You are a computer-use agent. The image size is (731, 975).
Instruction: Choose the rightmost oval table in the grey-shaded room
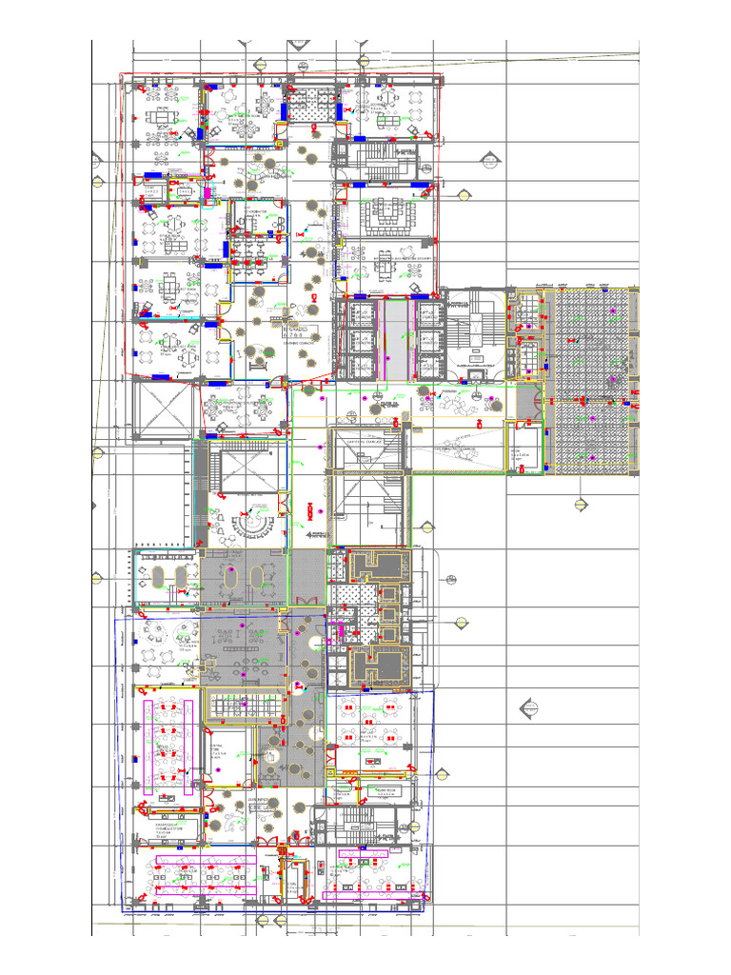pos(258,576)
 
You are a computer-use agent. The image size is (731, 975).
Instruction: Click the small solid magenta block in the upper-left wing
pos(207,191)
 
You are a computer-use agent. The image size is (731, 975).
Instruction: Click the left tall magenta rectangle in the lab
pos(148,747)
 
